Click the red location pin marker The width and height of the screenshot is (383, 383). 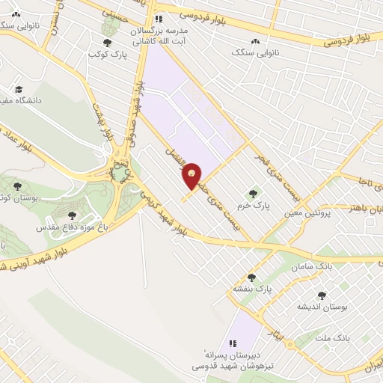(x=193, y=174)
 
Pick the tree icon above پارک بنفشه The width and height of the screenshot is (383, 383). (x=251, y=278)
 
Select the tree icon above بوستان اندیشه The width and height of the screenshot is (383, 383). (x=322, y=295)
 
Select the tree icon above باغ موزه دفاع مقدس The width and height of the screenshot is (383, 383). (x=72, y=215)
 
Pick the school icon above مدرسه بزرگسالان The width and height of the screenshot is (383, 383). (x=157, y=19)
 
